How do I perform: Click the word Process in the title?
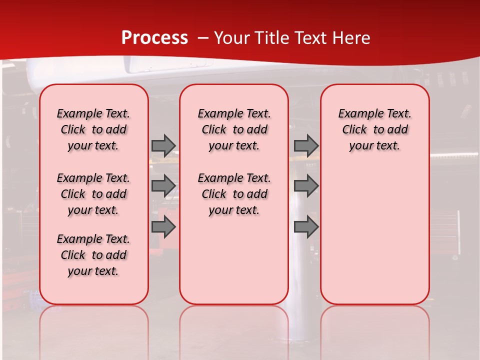click(x=154, y=38)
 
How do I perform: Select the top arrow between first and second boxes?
click(x=163, y=145)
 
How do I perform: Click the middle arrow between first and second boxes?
click(x=163, y=186)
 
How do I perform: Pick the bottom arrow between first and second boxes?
click(x=163, y=227)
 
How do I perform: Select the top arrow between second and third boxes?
click(x=306, y=145)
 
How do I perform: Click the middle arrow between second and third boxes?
click(x=306, y=186)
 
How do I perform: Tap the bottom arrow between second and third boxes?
click(x=306, y=227)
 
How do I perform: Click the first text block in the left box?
click(x=93, y=129)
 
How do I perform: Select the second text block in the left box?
click(x=93, y=194)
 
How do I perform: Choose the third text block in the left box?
click(x=93, y=255)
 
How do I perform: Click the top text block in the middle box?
click(x=234, y=129)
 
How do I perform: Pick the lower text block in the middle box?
click(x=234, y=194)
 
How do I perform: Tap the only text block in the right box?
click(x=374, y=129)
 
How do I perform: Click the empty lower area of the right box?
click(x=374, y=235)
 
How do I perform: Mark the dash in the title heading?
click(x=203, y=38)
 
